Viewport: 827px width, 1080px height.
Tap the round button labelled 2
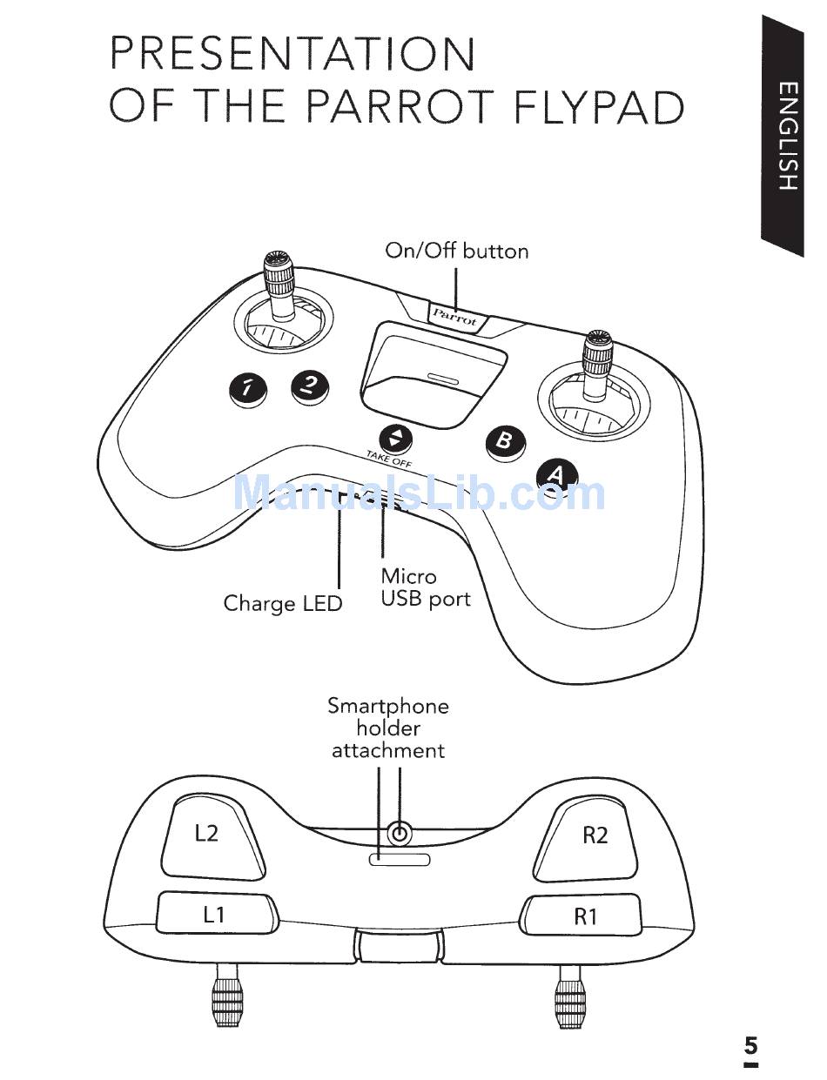[310, 385]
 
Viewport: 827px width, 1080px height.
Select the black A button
[556, 474]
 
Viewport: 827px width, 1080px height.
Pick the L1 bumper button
[214, 914]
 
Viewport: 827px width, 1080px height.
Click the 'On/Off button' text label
[457, 252]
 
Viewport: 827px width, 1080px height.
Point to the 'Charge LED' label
[283, 603]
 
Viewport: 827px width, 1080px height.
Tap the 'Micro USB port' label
[425, 587]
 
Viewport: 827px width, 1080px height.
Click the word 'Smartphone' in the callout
[388, 706]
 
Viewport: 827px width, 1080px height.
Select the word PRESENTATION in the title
[292, 54]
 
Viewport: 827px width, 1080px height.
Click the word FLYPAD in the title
[599, 106]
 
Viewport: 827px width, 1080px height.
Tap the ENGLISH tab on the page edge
[787, 135]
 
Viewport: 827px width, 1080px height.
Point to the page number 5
[750, 1045]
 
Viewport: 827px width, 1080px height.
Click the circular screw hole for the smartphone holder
[399, 834]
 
